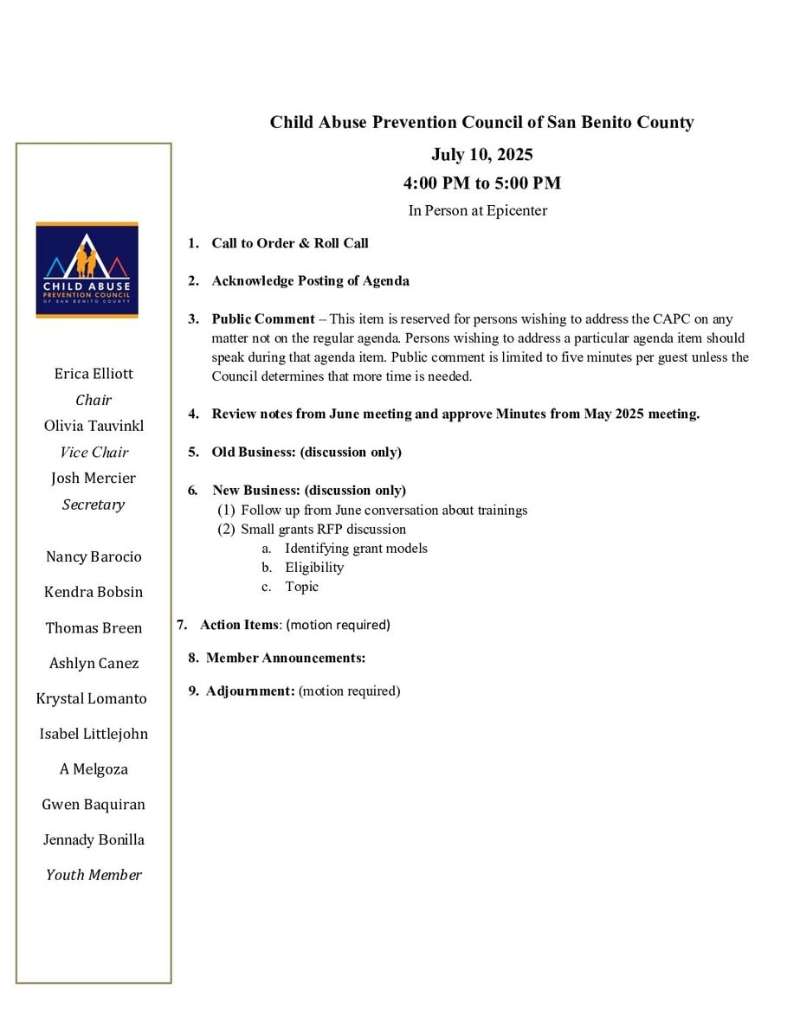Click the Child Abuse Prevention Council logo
[87, 270]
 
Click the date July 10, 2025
[481, 155]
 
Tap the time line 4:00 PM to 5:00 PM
[481, 183]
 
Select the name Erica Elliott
[94, 374]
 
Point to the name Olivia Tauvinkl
[94, 426]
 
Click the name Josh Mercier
[94, 478]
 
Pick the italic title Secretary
[94, 505]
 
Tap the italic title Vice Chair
[94, 452]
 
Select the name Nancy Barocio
[94, 556]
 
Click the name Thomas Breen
[94, 628]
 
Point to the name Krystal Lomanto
[92, 698]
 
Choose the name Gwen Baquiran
[94, 805]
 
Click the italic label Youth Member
[94, 875]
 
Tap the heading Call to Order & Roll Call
[290, 243]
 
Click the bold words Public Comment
[263, 319]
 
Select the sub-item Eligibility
[314, 568]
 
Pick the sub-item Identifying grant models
[356, 549]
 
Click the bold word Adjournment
[251, 691]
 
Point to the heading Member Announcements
[286, 658]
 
